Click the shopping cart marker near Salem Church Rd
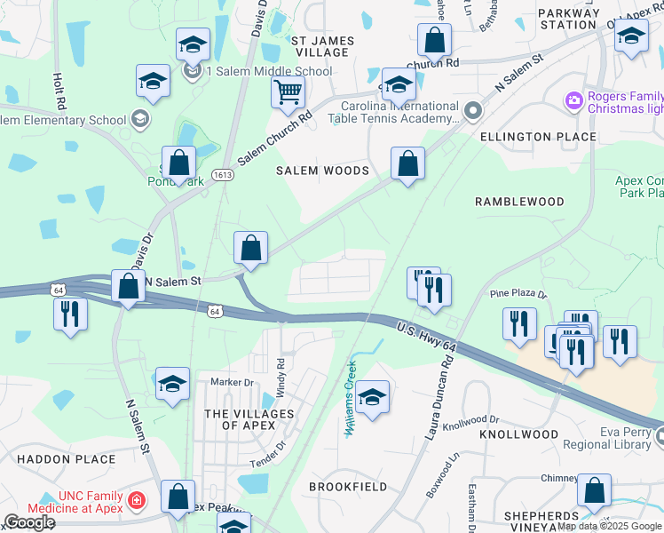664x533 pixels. [288, 91]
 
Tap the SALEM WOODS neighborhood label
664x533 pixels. [322, 171]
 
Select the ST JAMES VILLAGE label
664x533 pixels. [322, 47]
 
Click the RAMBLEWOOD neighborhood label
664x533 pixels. [519, 202]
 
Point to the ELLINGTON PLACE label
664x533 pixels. [538, 137]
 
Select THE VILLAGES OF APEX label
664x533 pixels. [249, 420]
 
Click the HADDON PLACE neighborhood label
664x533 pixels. [67, 459]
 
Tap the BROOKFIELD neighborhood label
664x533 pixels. [347, 487]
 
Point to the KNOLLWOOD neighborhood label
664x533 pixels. [518, 434]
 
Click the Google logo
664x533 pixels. [29, 522]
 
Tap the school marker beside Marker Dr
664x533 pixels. [173, 384]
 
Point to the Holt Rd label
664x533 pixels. [59, 91]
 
